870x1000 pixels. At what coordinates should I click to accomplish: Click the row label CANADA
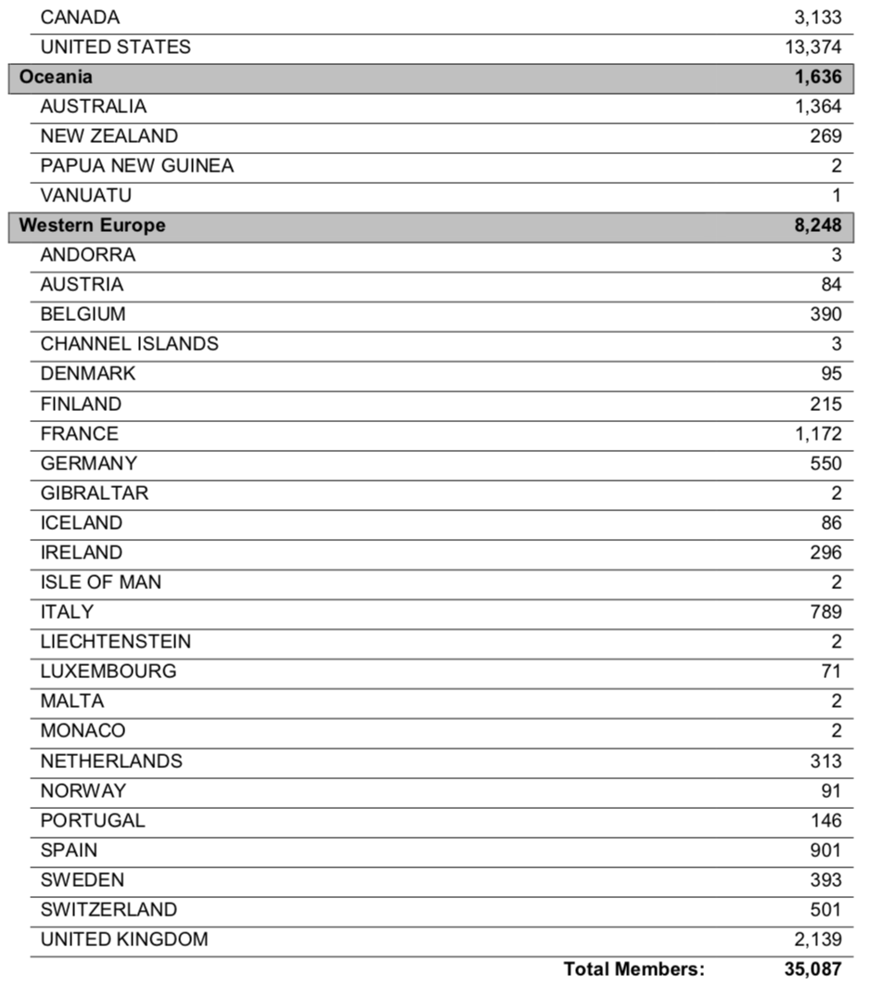(80, 18)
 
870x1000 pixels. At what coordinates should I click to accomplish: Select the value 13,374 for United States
(812, 47)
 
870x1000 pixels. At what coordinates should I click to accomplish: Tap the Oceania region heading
(56, 77)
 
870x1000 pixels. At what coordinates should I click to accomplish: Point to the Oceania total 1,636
(817, 77)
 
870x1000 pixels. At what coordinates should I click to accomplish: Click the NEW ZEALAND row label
(109, 136)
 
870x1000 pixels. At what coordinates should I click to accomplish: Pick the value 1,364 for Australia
(817, 107)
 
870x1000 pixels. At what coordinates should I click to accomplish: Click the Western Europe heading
(92, 225)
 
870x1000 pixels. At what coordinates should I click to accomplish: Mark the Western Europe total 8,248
(817, 225)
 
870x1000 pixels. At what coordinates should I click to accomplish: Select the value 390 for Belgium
(825, 314)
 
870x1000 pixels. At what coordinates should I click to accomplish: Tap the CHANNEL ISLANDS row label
(129, 344)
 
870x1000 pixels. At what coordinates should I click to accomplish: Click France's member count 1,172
(817, 433)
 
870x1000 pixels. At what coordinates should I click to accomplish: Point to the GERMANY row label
(88, 463)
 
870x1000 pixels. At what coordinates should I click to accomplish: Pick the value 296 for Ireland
(825, 552)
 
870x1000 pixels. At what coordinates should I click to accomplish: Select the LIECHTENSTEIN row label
(115, 641)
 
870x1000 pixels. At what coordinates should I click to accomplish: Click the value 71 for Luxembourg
(831, 671)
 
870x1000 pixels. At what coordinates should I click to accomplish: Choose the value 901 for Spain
(825, 850)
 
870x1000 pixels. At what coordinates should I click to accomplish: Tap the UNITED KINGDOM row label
(123, 939)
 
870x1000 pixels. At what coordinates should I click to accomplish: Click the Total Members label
(634, 969)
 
